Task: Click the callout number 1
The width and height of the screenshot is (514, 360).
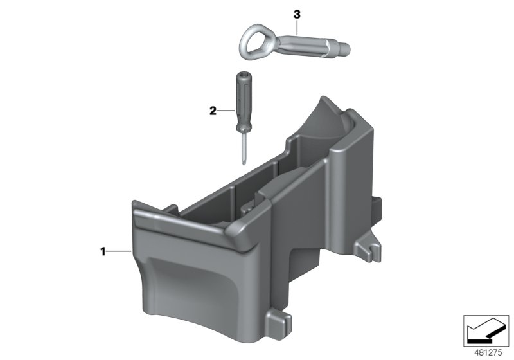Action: coord(103,252)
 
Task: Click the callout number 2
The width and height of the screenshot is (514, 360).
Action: coord(213,111)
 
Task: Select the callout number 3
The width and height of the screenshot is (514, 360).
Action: coord(297,15)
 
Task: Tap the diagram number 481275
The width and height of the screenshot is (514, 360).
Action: coord(488,353)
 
